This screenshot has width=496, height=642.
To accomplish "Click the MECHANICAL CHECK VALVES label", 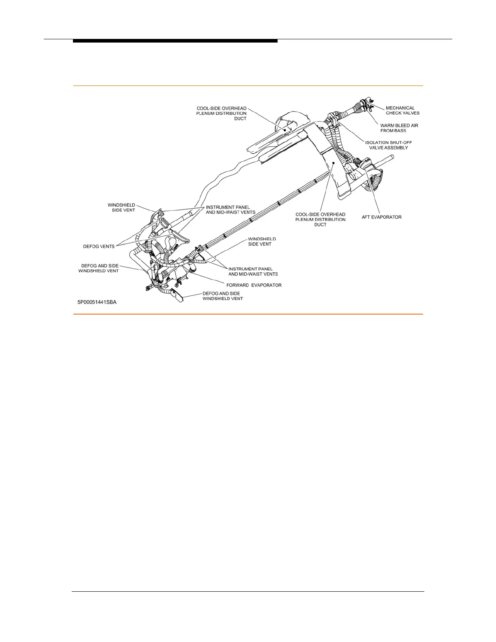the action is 402,111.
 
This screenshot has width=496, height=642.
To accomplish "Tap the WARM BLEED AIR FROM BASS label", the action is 399,128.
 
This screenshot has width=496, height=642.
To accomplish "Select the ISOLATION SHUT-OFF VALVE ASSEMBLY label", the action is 388,145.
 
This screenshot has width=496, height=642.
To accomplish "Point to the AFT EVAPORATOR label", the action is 381,217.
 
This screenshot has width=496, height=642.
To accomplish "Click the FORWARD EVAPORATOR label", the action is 254,285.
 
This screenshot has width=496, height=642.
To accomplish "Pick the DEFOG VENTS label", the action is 99,246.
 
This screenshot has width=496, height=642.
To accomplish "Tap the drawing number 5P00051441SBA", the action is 97,302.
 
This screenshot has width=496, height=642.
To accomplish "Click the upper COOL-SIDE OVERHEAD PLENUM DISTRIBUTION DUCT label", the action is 221,113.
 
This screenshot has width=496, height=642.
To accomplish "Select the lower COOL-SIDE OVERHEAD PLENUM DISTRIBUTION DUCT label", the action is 320,219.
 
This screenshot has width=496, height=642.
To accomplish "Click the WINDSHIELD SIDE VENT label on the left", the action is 121,208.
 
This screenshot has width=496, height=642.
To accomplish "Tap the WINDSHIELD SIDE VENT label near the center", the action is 262,242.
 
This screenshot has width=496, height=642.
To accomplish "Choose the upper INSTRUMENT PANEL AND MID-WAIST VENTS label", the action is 230,210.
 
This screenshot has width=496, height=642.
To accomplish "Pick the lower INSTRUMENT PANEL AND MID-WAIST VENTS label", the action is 253,272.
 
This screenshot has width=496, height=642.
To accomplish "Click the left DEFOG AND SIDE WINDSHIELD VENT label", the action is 98,268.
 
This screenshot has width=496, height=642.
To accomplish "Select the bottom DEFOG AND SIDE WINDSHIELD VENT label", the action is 222,296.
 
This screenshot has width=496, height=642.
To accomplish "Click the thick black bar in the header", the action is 175,41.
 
